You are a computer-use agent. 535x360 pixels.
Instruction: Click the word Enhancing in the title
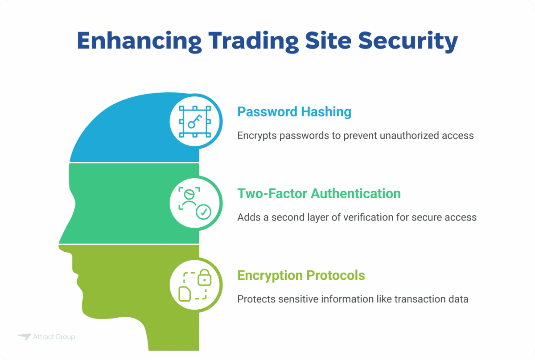tap(133, 41)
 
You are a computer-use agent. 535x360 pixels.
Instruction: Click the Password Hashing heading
tap(294, 112)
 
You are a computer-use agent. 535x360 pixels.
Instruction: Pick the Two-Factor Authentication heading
tap(319, 193)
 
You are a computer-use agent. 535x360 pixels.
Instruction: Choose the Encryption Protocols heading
tap(301, 275)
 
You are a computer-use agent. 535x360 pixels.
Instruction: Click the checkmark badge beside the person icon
tap(204, 212)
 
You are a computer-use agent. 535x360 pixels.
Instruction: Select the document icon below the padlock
tap(185, 293)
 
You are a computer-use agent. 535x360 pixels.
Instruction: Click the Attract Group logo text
tap(54, 337)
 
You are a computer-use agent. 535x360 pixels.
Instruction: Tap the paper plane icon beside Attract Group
tap(24, 337)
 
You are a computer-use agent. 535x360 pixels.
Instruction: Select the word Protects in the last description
tap(255, 299)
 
